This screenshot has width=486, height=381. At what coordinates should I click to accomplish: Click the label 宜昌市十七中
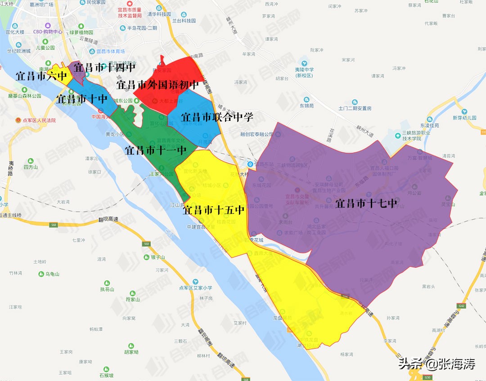click(366, 204)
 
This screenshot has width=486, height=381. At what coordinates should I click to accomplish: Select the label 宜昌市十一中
click(156, 150)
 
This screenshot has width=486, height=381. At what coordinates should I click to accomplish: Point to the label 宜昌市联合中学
click(217, 117)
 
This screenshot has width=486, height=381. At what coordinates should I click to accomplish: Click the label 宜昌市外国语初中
click(157, 84)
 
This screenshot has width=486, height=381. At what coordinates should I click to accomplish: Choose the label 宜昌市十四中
click(104, 68)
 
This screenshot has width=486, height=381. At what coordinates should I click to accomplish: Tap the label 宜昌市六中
click(41, 76)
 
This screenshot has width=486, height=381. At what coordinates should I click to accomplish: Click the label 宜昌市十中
click(82, 98)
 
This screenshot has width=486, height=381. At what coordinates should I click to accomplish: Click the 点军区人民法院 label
click(39, 120)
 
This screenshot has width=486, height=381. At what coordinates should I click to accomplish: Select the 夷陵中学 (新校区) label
click(304, 72)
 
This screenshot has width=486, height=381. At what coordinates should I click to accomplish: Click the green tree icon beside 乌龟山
click(41, 274)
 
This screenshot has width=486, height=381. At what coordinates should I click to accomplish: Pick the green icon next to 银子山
click(146, 257)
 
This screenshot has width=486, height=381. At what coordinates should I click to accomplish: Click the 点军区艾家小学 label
click(195, 288)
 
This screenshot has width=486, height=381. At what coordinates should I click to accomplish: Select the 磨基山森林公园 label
click(24, 96)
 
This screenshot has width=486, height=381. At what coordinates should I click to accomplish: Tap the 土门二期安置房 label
click(355, 108)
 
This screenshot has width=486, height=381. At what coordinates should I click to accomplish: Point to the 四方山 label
click(31, 167)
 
